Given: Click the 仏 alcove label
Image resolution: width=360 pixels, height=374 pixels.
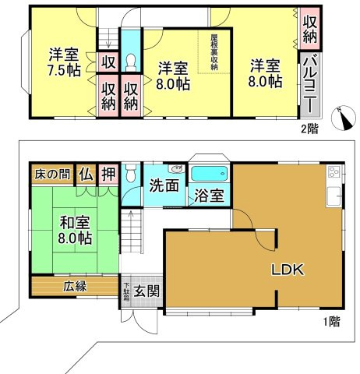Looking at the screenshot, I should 84,175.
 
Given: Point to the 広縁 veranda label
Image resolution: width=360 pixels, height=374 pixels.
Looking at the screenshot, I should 75,286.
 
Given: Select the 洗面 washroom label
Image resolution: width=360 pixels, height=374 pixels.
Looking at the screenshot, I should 164,188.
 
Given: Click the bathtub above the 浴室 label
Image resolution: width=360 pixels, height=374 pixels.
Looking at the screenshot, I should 208,174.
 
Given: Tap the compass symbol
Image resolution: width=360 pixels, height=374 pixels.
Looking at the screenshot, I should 340,117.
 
